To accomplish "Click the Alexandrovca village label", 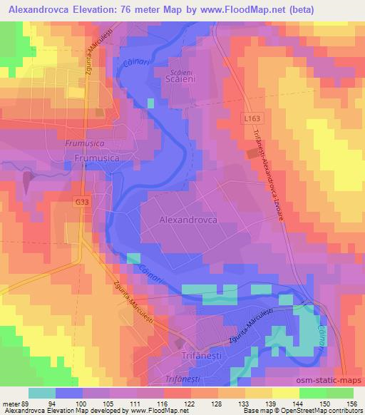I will pos(187,221).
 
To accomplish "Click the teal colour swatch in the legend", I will pos(42,393).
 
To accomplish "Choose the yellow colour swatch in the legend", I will pos(284,393).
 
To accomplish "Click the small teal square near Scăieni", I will pos(150,103).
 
